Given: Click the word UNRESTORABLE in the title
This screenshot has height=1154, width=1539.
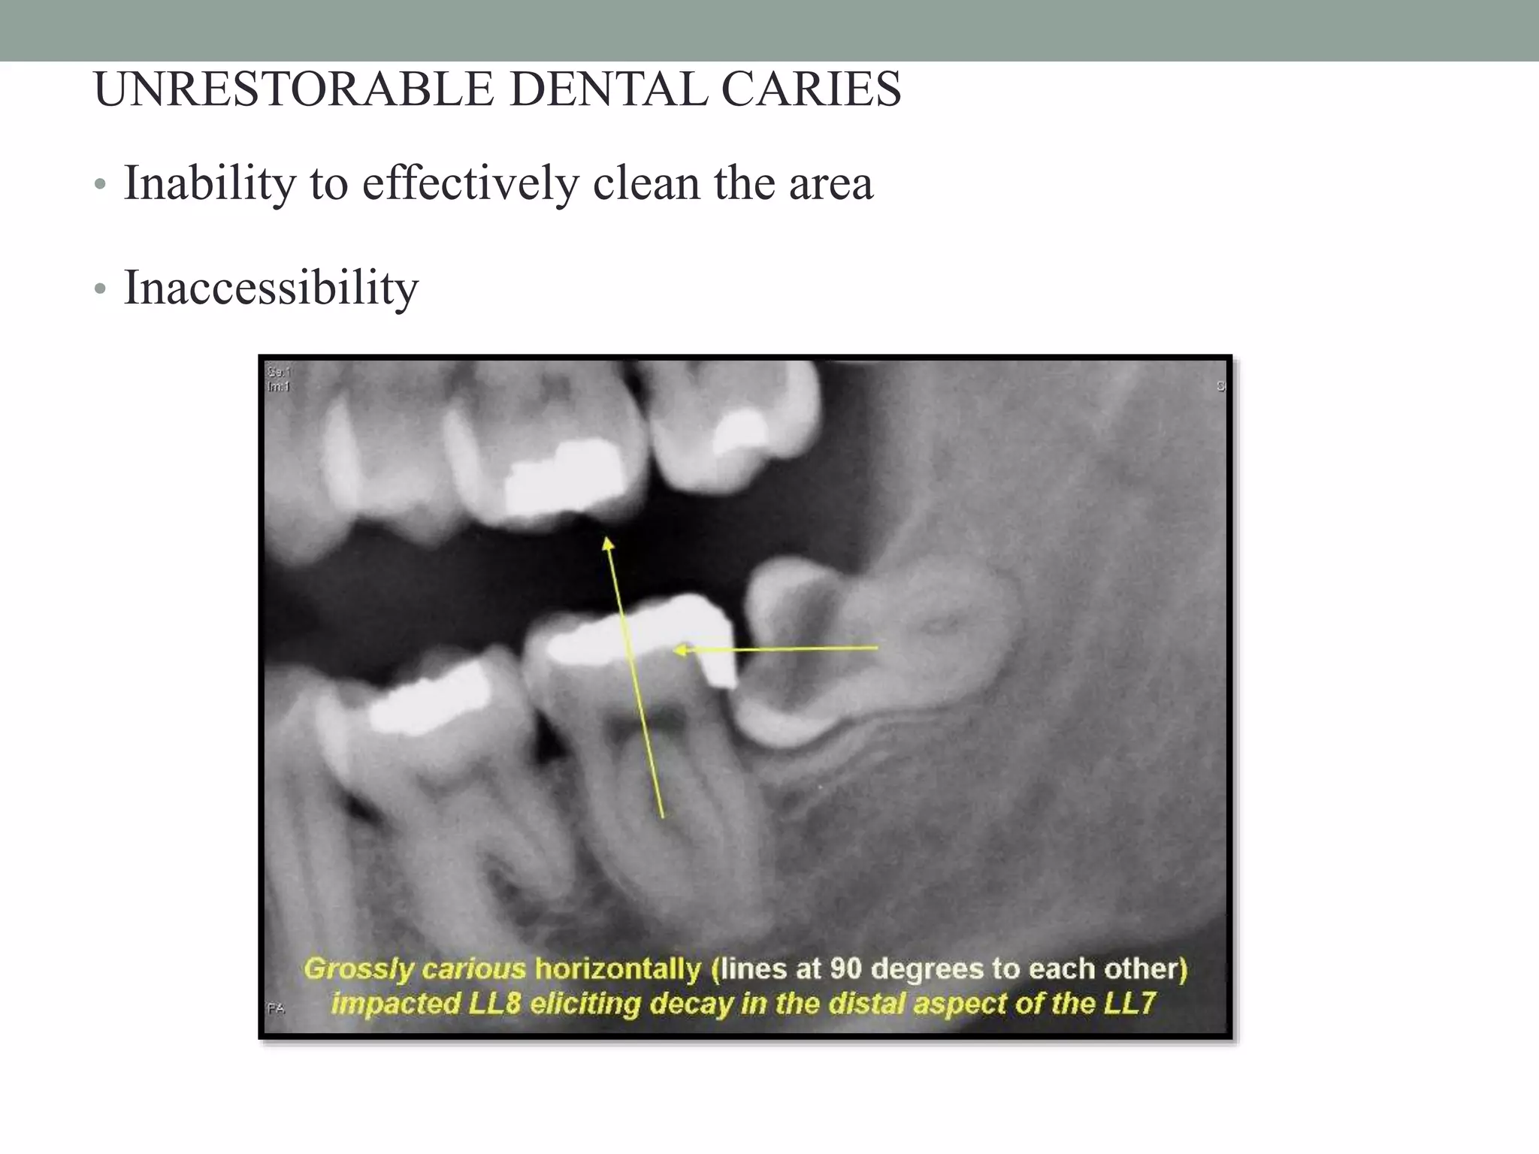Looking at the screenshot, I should click(294, 89).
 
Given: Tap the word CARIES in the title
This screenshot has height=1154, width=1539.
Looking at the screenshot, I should click(811, 89).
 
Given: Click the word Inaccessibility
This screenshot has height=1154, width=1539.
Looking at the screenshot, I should click(271, 288).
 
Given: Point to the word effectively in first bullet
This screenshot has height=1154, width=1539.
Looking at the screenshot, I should click(470, 183).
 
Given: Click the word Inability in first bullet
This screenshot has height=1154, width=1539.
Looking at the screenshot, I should click(210, 183).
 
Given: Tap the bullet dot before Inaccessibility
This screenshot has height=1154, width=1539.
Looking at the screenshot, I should click(100, 289).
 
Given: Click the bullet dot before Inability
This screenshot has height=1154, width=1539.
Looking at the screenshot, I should click(100, 185).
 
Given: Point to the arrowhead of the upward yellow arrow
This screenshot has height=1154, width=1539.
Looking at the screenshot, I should click(608, 542).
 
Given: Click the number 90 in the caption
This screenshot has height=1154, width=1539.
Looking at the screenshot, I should click(845, 969).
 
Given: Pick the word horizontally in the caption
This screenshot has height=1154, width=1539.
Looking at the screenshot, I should click(618, 969).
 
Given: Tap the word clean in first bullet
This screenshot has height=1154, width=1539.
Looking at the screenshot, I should click(646, 183).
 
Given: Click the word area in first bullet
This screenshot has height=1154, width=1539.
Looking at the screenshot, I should click(830, 183).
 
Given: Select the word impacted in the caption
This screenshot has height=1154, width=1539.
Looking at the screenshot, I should click(395, 1004).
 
